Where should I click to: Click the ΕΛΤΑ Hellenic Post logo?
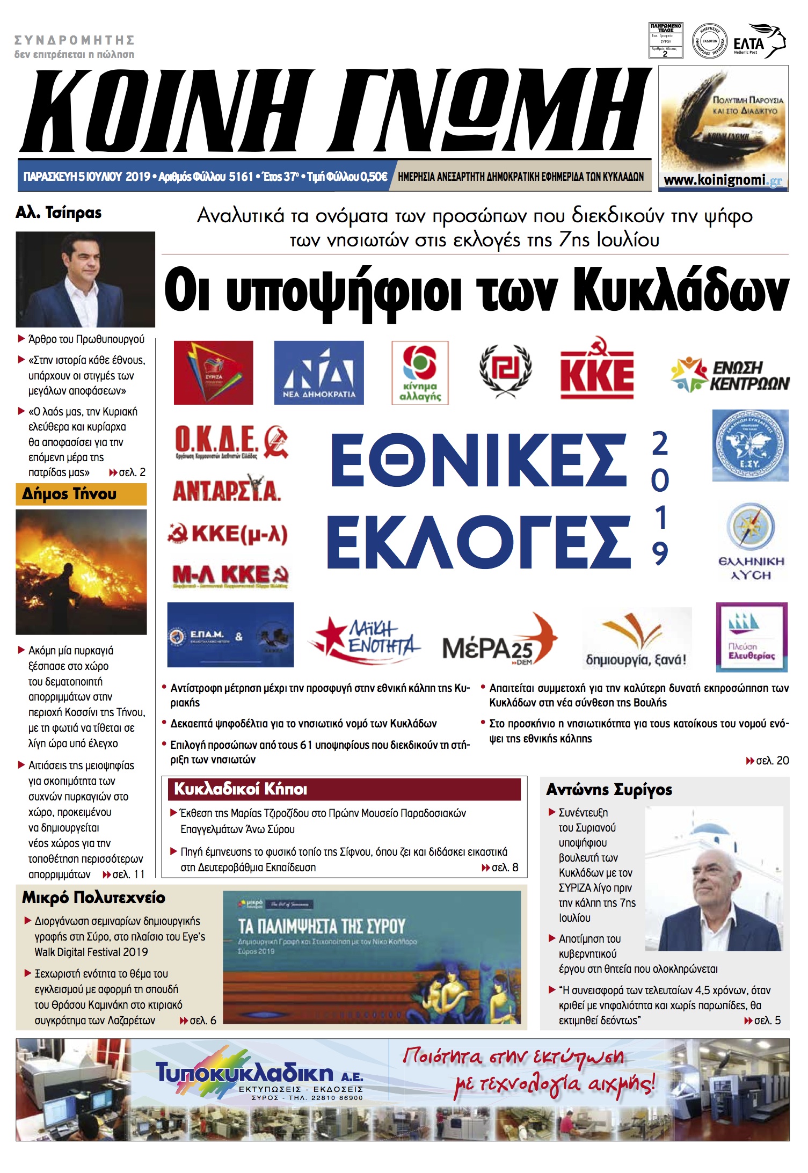click(759, 41)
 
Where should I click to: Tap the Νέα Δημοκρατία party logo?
click(319, 373)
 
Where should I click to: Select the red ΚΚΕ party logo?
click(597, 369)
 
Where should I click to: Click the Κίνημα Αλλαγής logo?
click(420, 373)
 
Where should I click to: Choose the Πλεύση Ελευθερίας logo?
click(752, 637)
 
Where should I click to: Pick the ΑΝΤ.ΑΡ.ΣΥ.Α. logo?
click(226, 489)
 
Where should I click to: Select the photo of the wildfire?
click(81, 572)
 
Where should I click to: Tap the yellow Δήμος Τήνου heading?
click(81, 494)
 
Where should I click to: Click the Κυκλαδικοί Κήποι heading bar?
click(344, 789)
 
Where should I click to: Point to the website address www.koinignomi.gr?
click(723, 180)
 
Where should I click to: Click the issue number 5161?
click(241, 177)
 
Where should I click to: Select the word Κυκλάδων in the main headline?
click(681, 291)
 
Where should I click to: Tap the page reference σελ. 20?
click(768, 760)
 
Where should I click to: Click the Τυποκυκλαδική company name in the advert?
click(244, 1073)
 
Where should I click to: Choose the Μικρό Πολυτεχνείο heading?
click(93, 898)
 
